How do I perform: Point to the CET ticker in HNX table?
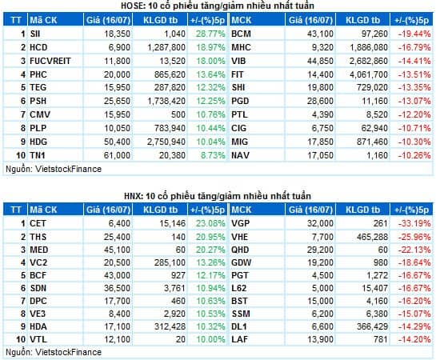pos(37,223)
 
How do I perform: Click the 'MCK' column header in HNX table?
pos(242,209)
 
